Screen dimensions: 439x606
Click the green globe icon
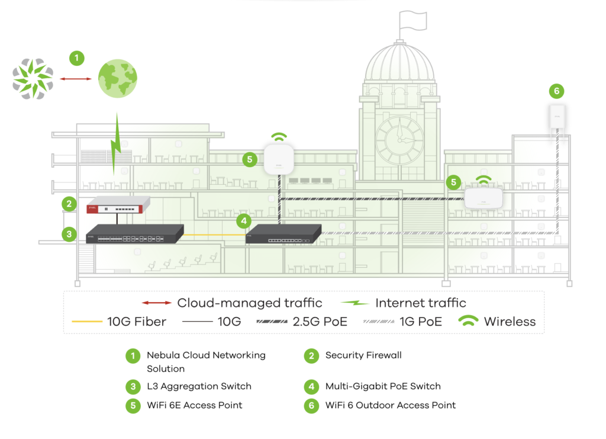(117, 78)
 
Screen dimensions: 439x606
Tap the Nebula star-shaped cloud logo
(33, 78)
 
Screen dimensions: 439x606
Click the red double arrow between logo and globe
(76, 78)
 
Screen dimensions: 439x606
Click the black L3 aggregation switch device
(135, 235)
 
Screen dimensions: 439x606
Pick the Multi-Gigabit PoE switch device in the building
(283, 234)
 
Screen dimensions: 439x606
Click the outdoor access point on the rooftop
(556, 120)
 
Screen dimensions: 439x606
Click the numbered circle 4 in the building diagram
(243, 221)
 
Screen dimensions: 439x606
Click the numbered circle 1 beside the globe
(76, 58)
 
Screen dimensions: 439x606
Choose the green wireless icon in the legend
(469, 322)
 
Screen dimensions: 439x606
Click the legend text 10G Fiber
(136, 322)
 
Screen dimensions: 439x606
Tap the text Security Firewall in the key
(363, 355)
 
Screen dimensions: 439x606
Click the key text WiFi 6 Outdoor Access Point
(391, 405)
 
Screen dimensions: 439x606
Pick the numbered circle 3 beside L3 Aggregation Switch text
(133, 387)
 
